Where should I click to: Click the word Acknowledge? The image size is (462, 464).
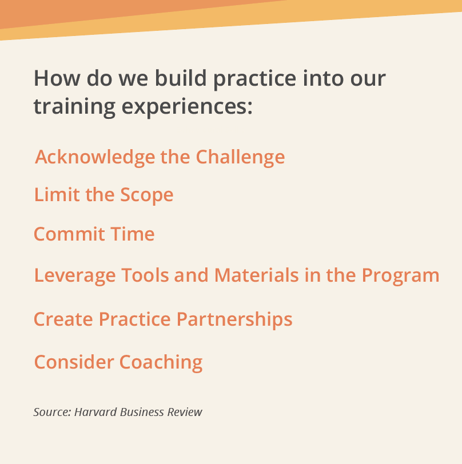[95, 157]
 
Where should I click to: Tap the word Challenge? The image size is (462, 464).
[241, 157]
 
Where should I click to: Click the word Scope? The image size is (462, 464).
[146, 195]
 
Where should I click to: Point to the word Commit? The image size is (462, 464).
[69, 234]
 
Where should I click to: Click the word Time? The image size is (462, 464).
[133, 234]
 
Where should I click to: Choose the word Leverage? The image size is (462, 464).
[75, 276]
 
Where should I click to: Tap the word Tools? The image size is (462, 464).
[145, 275]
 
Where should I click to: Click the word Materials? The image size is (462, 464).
[257, 275]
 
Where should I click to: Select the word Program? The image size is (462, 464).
[400, 276]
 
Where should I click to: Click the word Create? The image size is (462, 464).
[63, 319]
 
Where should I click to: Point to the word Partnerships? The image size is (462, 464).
[234, 319]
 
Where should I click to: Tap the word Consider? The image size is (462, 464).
[74, 362]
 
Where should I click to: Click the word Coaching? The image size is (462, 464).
[161, 362]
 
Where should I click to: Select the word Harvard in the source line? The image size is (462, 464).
[95, 412]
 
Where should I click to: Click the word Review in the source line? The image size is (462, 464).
[185, 412]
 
